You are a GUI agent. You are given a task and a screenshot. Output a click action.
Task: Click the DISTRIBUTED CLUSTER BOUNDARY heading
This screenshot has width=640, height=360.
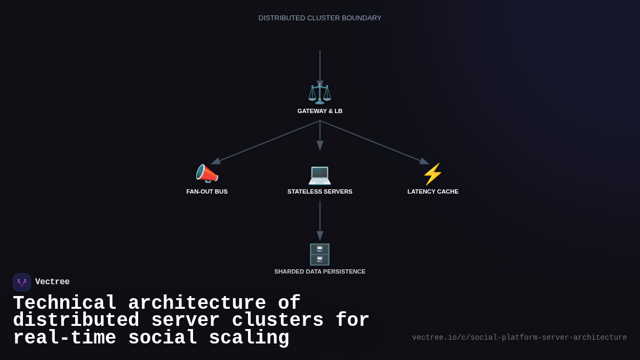pyautogui.click(x=320, y=18)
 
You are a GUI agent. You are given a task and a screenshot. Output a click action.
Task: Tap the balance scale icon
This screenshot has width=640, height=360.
pyautogui.click(x=320, y=93)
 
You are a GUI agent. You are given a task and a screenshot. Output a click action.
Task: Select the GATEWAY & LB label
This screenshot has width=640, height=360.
pyautogui.click(x=320, y=111)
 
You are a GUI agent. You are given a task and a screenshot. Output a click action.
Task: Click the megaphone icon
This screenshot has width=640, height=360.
pyautogui.click(x=207, y=174)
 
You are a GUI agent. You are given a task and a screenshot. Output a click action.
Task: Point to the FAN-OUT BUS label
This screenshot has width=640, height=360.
pyautogui.click(x=207, y=191)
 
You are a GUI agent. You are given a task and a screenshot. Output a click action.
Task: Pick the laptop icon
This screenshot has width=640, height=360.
pyautogui.click(x=320, y=174)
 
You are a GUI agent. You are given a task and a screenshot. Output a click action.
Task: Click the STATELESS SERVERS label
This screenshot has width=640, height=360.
pyautogui.click(x=320, y=191)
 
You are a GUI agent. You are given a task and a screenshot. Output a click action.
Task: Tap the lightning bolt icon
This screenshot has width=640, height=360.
pyautogui.click(x=433, y=174)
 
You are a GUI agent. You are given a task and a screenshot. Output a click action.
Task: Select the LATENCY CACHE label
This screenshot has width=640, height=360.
pyautogui.click(x=433, y=191)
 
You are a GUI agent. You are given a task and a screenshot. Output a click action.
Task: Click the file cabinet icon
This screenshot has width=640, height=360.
pyautogui.click(x=320, y=254)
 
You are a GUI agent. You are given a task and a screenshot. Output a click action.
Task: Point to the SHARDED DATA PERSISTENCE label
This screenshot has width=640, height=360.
pyautogui.click(x=320, y=271)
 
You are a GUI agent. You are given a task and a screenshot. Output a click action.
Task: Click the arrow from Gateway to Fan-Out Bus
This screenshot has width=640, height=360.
pyautogui.click(x=266, y=142)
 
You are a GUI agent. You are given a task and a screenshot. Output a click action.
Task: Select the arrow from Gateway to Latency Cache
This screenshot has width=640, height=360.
pyautogui.click(x=374, y=142)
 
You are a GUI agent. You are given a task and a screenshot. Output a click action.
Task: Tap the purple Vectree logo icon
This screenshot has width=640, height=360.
pyautogui.click(x=22, y=282)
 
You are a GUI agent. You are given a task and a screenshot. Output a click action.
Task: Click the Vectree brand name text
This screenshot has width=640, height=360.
pyautogui.click(x=52, y=282)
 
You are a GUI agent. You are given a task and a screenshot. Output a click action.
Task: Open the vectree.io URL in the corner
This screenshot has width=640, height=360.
pyautogui.click(x=519, y=338)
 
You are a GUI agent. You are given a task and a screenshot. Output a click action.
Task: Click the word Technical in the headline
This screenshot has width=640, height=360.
pyautogui.click(x=65, y=303)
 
